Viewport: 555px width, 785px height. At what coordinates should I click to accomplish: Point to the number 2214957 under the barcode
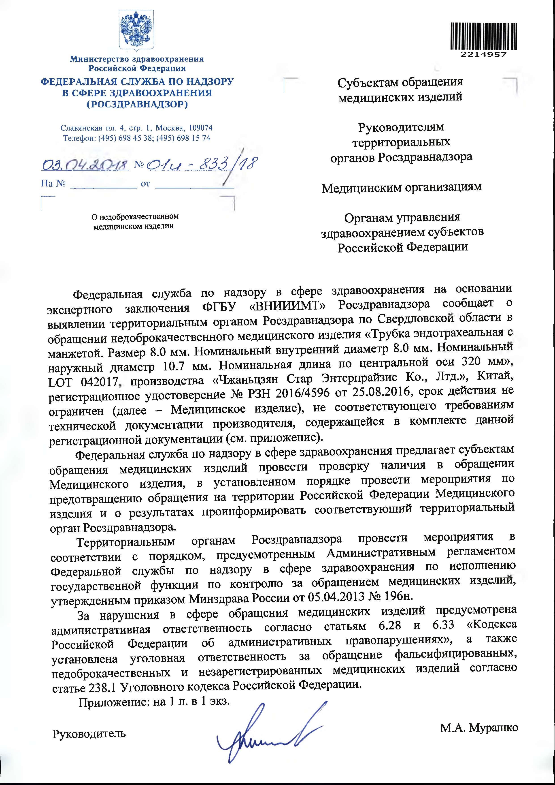click(483, 55)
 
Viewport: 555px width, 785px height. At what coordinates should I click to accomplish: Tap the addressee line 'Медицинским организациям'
click(402, 187)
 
